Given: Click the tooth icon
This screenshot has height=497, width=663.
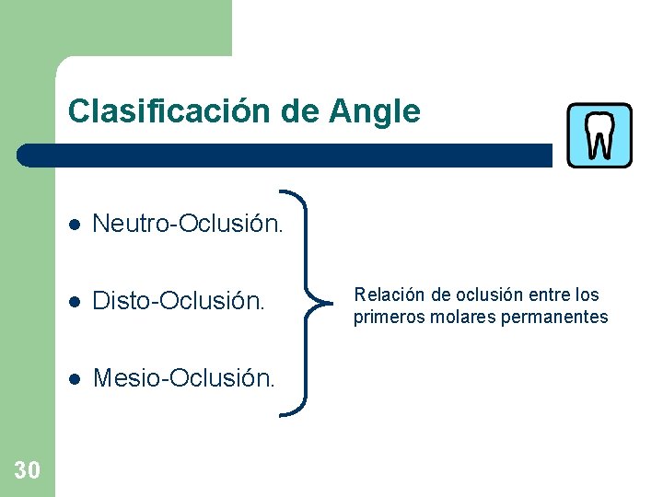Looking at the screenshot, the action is [x=599, y=134].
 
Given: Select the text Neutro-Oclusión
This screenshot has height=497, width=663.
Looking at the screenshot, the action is [x=189, y=223].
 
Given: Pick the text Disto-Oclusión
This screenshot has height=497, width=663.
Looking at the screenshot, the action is [x=179, y=300].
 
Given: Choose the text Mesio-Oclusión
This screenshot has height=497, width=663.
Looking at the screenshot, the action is [x=184, y=377].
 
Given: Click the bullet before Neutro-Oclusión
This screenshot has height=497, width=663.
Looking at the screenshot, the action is [x=76, y=224].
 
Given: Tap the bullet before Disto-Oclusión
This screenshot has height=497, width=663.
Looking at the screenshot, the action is [x=76, y=301].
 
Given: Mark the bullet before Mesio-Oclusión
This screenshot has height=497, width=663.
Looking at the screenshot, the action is [x=76, y=378].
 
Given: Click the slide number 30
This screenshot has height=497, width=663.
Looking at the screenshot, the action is [x=28, y=471].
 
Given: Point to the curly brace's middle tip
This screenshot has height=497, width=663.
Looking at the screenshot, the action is [x=316, y=300].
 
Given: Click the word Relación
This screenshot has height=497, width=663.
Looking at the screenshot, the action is [x=390, y=295].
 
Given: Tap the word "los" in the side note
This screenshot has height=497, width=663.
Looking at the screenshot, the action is [x=586, y=295].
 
